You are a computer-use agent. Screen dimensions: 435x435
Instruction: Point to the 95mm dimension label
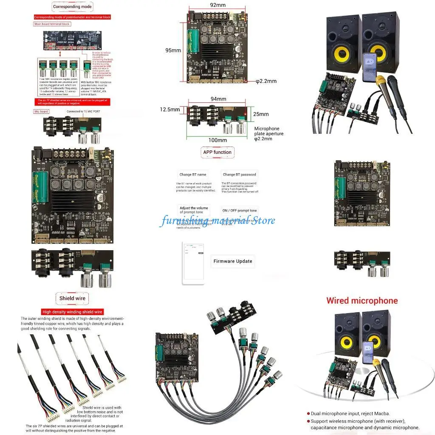coord(173,50)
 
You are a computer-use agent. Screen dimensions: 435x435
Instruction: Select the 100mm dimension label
coord(217,140)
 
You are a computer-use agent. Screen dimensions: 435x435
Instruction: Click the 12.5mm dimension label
coord(169,109)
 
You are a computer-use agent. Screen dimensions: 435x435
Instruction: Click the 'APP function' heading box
coord(217,152)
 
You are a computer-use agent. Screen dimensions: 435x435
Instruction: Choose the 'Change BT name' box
coord(192,175)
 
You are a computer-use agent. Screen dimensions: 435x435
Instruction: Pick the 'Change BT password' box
coord(240,175)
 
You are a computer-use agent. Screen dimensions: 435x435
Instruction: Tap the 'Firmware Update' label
coord(233,261)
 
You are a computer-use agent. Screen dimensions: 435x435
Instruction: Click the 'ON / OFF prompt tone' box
coord(240,210)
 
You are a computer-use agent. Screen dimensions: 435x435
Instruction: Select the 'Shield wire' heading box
coord(72,298)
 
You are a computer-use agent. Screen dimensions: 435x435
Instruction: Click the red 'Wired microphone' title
coord(362,301)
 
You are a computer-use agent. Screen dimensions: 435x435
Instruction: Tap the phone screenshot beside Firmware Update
coord(193,263)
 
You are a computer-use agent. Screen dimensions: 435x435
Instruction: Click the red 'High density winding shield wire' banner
coord(73,312)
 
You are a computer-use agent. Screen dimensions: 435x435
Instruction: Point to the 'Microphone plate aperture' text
coord(269,133)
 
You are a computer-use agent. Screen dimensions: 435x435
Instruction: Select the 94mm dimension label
coord(217,99)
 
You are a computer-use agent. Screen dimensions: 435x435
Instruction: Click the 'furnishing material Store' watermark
coord(217,220)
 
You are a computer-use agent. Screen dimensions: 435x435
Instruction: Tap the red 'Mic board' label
coord(41,111)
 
